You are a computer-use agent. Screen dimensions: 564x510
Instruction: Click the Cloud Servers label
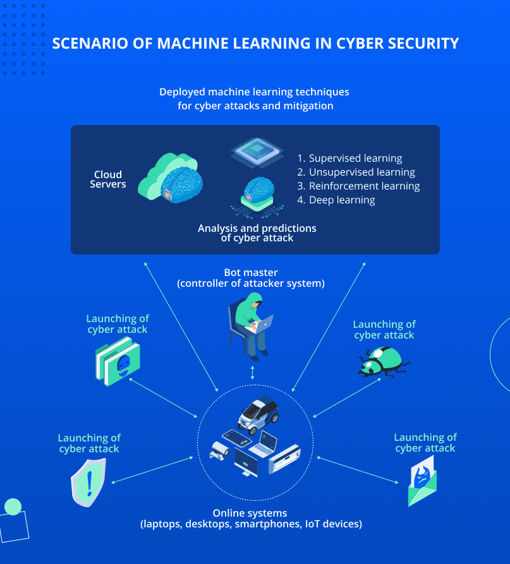108,179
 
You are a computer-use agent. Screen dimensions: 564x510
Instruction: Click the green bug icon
383,362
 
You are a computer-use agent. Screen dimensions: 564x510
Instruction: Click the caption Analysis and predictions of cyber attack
257,233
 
